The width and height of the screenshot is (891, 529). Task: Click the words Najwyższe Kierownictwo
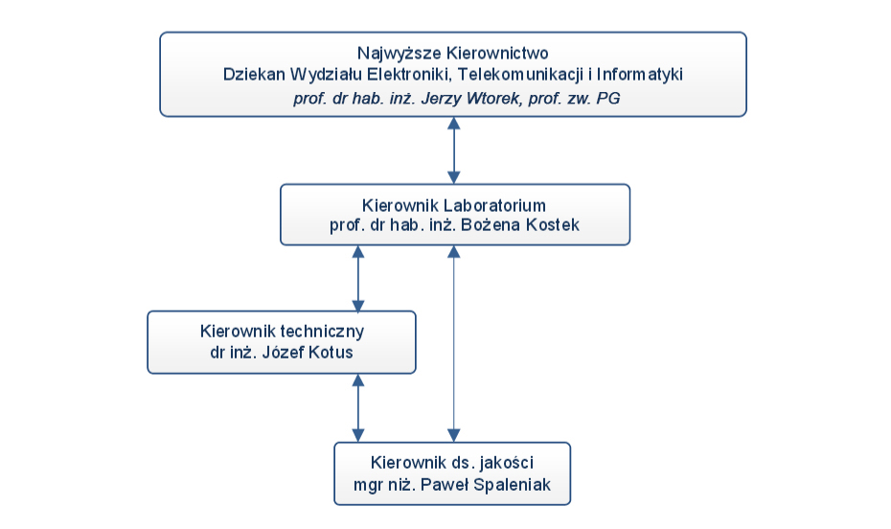[453, 54]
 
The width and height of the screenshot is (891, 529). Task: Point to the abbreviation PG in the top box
[608, 99]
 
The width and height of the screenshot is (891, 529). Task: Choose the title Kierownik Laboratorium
[454, 205]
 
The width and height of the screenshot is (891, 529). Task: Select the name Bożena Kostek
[520, 225]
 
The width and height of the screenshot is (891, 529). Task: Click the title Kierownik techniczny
[282, 332]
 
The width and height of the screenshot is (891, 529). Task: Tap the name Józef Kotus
[307, 353]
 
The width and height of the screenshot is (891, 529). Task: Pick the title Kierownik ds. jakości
[452, 463]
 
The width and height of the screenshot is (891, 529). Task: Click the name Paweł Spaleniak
[486, 485]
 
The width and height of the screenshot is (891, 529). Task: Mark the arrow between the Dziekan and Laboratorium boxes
[453, 150]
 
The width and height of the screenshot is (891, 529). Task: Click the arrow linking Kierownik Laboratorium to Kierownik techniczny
[358, 279]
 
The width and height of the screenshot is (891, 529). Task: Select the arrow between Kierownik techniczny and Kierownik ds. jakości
[358, 408]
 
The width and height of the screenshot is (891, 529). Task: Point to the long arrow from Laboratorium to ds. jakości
[453, 344]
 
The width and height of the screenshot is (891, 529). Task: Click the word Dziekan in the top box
[254, 75]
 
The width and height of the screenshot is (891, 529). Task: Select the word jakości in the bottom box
[506, 463]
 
